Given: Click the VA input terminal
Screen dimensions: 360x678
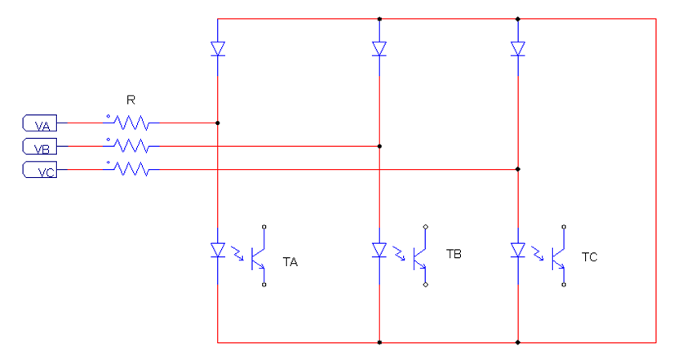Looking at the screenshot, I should point(38,123).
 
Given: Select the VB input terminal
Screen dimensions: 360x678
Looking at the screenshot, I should point(38,147).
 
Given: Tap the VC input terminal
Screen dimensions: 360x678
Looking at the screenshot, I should point(38,171).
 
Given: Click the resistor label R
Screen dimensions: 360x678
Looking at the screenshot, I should point(131,100).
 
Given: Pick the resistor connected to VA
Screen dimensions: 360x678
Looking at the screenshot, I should point(131,123).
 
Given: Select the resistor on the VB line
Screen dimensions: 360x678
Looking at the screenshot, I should point(131,147).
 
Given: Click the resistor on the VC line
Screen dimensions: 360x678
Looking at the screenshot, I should point(131,170).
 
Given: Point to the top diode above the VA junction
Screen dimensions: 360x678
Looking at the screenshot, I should point(218,49).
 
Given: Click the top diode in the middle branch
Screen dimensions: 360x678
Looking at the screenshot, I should point(379,49).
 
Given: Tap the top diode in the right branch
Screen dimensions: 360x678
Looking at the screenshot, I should point(518,49).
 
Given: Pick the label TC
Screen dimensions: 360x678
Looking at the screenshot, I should point(589,256).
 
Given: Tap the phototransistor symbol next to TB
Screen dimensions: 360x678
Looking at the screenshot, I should point(421,256).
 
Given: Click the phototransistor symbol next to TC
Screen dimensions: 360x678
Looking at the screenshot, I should point(560,256).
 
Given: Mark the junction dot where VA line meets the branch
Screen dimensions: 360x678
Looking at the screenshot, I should point(218,123).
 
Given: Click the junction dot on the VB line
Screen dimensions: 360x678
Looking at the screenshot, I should point(379,147).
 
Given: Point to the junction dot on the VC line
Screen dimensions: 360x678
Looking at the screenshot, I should point(518,170).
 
